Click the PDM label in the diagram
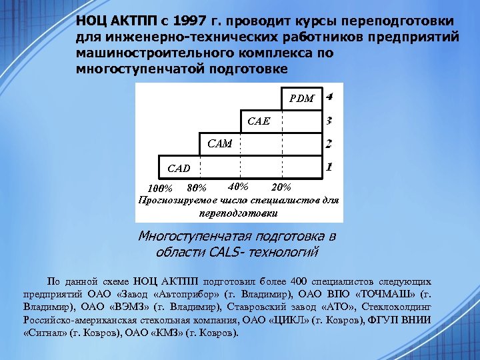(x=302, y=99)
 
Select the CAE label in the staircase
(x=259, y=121)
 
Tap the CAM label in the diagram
(x=220, y=143)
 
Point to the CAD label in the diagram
(x=179, y=168)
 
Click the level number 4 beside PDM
(x=329, y=97)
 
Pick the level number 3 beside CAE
(x=329, y=121)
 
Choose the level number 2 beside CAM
(x=329, y=143)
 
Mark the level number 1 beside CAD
(x=329, y=166)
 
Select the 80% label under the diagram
(x=197, y=188)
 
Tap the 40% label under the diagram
(x=238, y=186)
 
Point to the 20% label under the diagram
(x=281, y=186)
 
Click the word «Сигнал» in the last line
(x=46, y=331)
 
